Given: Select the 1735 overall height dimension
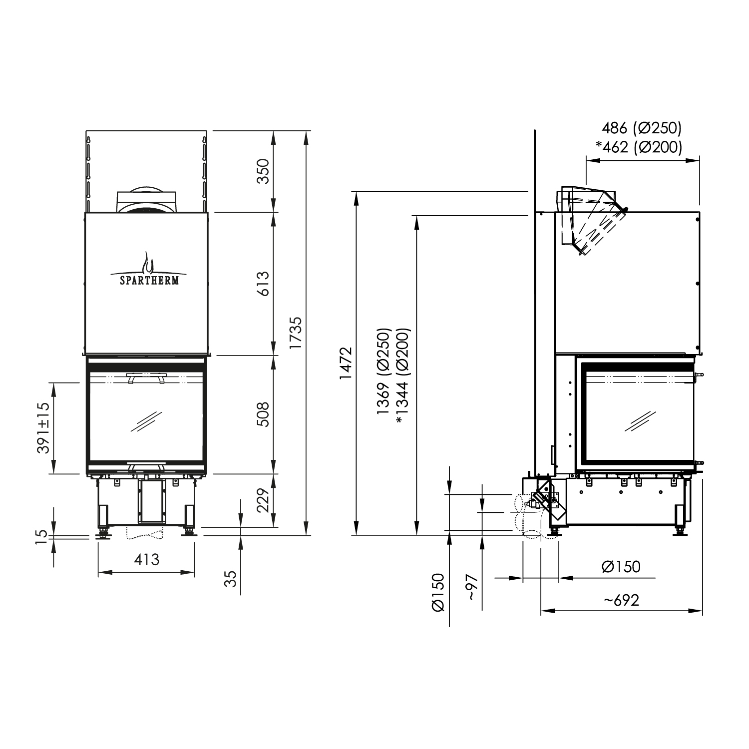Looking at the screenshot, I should [296, 333].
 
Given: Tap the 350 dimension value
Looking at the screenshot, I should [263, 171].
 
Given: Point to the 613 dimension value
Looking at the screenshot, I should [263, 284].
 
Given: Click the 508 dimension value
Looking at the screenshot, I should [263, 414].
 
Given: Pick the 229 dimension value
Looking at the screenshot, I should [263, 500].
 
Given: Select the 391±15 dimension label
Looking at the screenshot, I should [44, 428].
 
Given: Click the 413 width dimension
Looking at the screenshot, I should [146, 559].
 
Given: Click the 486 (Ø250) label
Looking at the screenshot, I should [641, 128].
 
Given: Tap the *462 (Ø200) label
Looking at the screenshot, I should [639, 147].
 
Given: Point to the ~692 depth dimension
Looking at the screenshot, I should [621, 600].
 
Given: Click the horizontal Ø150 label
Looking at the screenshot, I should [621, 567].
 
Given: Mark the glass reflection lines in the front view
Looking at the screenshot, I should [146, 422].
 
